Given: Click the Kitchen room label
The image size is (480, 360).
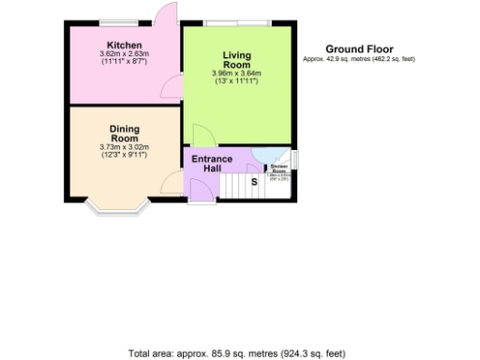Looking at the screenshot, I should [124, 45].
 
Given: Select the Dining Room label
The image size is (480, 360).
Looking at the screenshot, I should [124, 133].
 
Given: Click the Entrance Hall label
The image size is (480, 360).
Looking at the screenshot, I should [212, 163].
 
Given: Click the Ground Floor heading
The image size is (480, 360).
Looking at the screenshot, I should [359, 49].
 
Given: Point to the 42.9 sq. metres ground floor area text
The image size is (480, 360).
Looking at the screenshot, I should [359, 59].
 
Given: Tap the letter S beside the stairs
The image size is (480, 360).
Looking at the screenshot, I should [253, 184].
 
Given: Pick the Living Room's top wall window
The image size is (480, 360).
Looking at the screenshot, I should [234, 22].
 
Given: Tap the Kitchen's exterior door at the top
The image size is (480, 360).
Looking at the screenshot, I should [167, 13].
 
